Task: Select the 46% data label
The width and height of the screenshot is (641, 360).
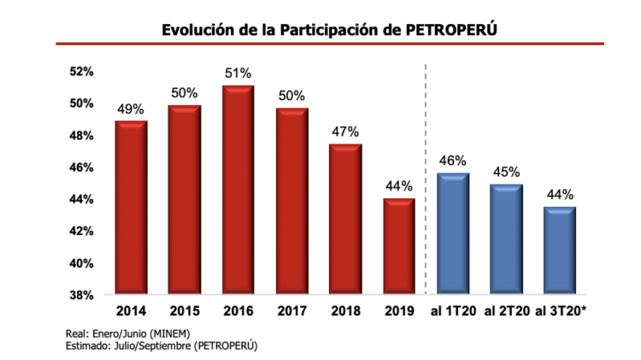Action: (x=452, y=160)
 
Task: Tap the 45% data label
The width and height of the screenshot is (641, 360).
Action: (x=506, y=171)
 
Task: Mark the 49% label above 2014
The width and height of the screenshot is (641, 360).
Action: (x=131, y=109)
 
